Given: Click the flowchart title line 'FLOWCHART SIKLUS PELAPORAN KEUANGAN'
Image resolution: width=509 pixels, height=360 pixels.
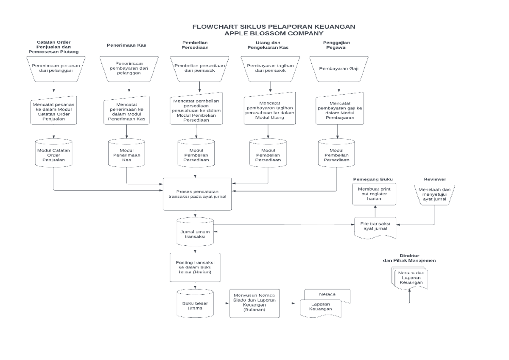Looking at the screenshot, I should [x=274, y=27].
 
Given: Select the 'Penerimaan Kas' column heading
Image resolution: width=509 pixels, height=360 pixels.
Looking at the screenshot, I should [x=126, y=45].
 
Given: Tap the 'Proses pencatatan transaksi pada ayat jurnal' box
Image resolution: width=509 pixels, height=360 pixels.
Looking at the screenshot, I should [x=197, y=194].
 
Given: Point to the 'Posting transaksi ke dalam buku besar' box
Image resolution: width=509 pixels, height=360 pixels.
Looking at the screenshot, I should [x=196, y=267].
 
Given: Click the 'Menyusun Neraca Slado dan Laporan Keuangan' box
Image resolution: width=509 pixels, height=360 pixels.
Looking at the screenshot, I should [x=255, y=304].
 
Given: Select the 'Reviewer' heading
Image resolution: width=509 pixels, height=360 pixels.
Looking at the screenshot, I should [x=435, y=179].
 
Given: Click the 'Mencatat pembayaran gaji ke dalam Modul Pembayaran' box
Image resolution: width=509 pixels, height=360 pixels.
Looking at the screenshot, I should [x=339, y=111].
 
